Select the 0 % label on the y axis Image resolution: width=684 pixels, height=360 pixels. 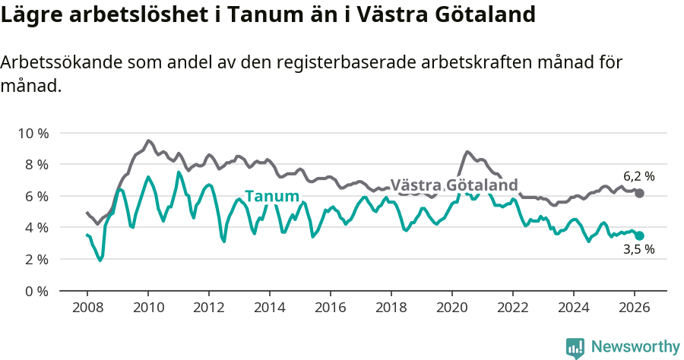pyautogui.click(x=35, y=291)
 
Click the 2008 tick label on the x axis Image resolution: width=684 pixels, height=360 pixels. pyautogui.click(x=87, y=308)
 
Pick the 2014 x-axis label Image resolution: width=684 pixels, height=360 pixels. pyautogui.click(x=269, y=308)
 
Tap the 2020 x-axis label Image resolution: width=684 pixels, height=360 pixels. pyautogui.click(x=452, y=308)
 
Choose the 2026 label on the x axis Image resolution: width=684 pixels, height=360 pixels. pyautogui.click(x=635, y=308)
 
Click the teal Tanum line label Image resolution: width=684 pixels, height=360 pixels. pyautogui.click(x=271, y=197)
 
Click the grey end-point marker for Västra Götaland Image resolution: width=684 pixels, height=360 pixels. pyautogui.click(x=639, y=194)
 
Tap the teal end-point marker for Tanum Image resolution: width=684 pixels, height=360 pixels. pyautogui.click(x=639, y=236)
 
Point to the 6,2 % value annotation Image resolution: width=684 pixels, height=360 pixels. pyautogui.click(x=638, y=176)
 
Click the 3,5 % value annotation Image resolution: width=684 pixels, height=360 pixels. pyautogui.click(x=638, y=249)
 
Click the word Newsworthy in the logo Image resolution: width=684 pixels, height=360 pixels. pyautogui.click(x=635, y=347)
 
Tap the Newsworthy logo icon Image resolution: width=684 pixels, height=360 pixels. pyautogui.click(x=575, y=348)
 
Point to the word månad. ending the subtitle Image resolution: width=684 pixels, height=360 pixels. pyautogui.click(x=30, y=86)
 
